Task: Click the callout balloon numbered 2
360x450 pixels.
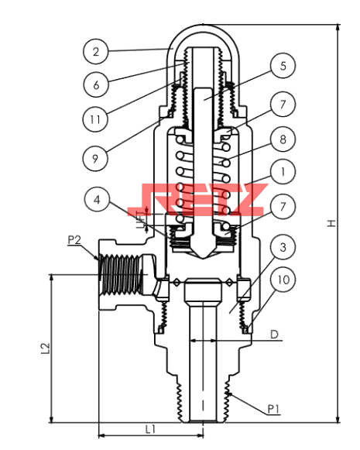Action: click(96, 52)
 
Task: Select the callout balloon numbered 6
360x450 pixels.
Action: click(96, 84)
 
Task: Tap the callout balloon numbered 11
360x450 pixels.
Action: click(95, 119)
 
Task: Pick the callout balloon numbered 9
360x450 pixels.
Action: click(95, 159)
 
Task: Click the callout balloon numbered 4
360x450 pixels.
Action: click(97, 200)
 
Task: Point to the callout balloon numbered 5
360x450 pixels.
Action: click(283, 66)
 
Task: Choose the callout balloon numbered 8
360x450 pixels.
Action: click(283, 139)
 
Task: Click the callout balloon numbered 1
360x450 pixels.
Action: click(283, 172)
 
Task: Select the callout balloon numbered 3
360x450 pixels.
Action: click(283, 247)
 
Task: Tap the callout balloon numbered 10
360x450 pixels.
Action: click(283, 280)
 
